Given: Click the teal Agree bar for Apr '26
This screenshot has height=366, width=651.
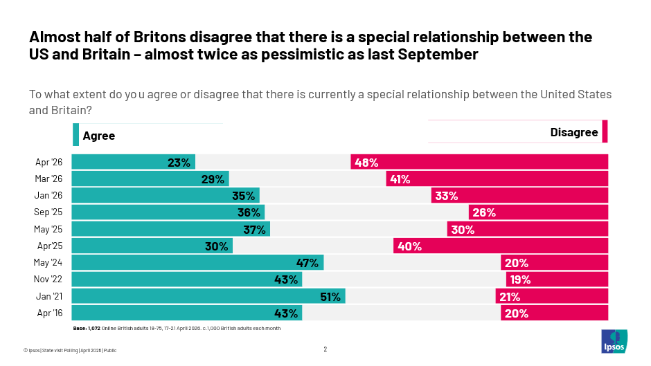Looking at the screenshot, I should pyautogui.click(x=133, y=162).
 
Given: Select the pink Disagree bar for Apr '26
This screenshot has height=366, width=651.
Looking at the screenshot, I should pyautogui.click(x=479, y=162).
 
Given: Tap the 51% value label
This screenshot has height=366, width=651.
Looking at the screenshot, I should pyautogui.click(x=330, y=297).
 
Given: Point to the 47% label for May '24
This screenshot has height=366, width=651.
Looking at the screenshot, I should pyautogui.click(x=307, y=263).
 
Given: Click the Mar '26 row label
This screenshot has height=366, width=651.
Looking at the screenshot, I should pyautogui.click(x=48, y=179).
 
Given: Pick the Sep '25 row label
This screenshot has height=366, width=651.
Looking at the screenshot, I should pyautogui.click(x=48, y=212).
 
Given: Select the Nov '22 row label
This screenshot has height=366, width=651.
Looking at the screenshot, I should pyautogui.click(x=48, y=280).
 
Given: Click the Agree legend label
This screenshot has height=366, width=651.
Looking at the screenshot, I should pyautogui.click(x=99, y=136).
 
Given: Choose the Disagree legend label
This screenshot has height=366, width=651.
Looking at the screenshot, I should pyautogui.click(x=573, y=132).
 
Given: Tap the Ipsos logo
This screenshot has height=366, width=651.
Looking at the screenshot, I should pyautogui.click(x=613, y=341).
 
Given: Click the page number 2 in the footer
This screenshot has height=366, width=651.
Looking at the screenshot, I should pyautogui.click(x=325, y=349).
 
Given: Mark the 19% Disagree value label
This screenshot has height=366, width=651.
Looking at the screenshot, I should pyautogui.click(x=520, y=280).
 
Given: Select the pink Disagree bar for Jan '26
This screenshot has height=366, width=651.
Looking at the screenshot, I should pyautogui.click(x=519, y=196).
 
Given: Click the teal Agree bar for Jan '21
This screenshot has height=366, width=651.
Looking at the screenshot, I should pyautogui.click(x=208, y=297).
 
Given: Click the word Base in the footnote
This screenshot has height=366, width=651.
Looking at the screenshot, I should pyautogui.click(x=80, y=328).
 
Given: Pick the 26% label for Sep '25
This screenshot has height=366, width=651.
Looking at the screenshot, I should pyautogui.click(x=484, y=212).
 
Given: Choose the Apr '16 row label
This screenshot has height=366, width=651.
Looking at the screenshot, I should pyautogui.click(x=48, y=313).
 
